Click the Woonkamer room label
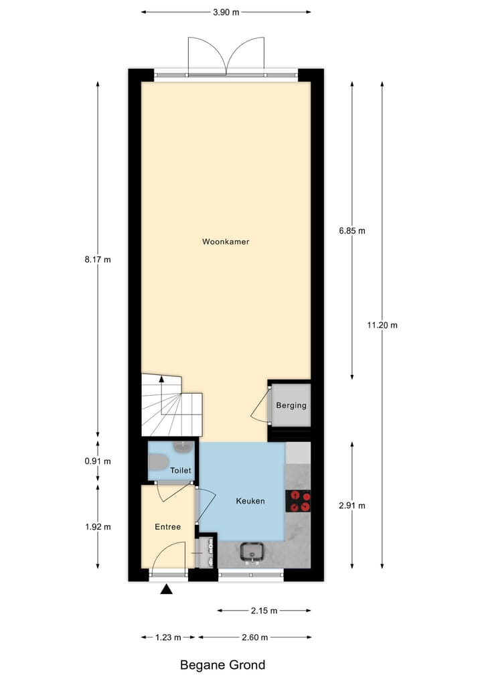226,242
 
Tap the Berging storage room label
291,405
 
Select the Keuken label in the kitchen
250,501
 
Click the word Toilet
181,471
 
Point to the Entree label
167,527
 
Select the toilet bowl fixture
158,462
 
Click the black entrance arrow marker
166,589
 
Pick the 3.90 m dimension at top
226,12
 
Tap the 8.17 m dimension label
98,260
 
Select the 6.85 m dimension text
352,231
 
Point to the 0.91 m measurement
98,461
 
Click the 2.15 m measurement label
264,611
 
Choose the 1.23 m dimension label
168,637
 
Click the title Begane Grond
222,665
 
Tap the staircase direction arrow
161,380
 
